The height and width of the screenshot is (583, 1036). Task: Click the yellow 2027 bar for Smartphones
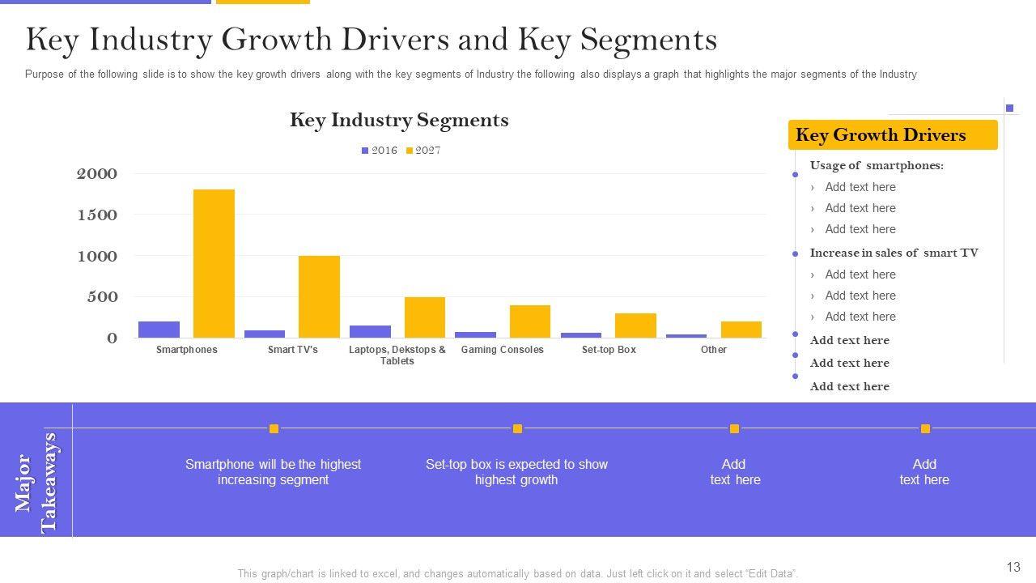[214, 263]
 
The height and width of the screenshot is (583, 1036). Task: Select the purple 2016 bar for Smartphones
[159, 330]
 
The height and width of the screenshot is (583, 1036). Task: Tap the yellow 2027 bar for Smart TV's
[319, 296]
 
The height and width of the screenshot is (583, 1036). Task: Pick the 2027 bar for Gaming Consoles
[530, 321]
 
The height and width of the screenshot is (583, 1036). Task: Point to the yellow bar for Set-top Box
[635, 326]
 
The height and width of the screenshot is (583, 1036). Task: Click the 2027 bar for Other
[741, 330]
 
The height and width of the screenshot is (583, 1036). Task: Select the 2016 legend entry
[380, 151]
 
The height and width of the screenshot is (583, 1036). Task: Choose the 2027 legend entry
[423, 151]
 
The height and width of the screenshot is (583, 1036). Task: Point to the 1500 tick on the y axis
[96, 215]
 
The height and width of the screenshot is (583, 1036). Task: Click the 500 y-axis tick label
[102, 297]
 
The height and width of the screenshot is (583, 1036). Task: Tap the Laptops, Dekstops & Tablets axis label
[397, 355]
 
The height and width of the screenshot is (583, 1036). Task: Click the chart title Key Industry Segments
[399, 120]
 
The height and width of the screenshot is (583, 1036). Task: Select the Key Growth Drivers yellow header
[892, 135]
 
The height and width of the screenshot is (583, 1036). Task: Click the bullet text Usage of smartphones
[877, 165]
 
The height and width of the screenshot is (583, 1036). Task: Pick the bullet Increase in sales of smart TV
[894, 253]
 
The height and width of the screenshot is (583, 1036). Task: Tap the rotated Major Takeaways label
[36, 483]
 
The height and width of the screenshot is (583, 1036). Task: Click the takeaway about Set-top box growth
[516, 472]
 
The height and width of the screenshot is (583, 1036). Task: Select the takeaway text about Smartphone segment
[273, 472]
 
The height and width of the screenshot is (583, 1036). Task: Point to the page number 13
[1013, 567]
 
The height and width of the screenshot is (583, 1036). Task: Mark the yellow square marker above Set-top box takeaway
[517, 428]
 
